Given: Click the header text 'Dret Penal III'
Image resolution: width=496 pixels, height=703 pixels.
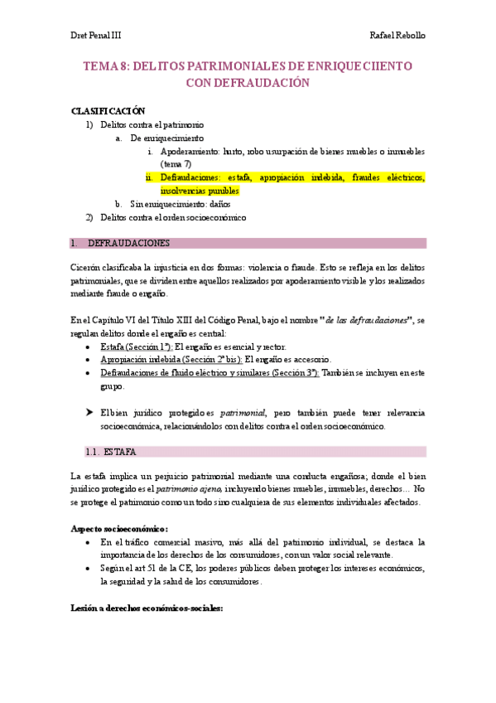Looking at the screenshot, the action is (95, 36).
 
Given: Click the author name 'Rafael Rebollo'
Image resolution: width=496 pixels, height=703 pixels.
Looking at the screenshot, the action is (397, 36).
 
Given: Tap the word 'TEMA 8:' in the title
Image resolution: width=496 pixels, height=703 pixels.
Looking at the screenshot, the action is (106, 65).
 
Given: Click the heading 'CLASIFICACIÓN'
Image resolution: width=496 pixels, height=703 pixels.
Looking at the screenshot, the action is (108, 111).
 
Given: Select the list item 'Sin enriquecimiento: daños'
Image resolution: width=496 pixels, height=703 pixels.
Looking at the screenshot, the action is (181, 204).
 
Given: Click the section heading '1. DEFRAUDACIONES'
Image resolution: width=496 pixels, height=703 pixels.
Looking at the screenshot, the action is (128, 244).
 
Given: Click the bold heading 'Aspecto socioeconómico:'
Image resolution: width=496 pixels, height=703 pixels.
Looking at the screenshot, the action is (119, 528).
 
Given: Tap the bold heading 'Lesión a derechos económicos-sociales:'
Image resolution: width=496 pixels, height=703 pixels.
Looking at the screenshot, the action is (147, 608).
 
